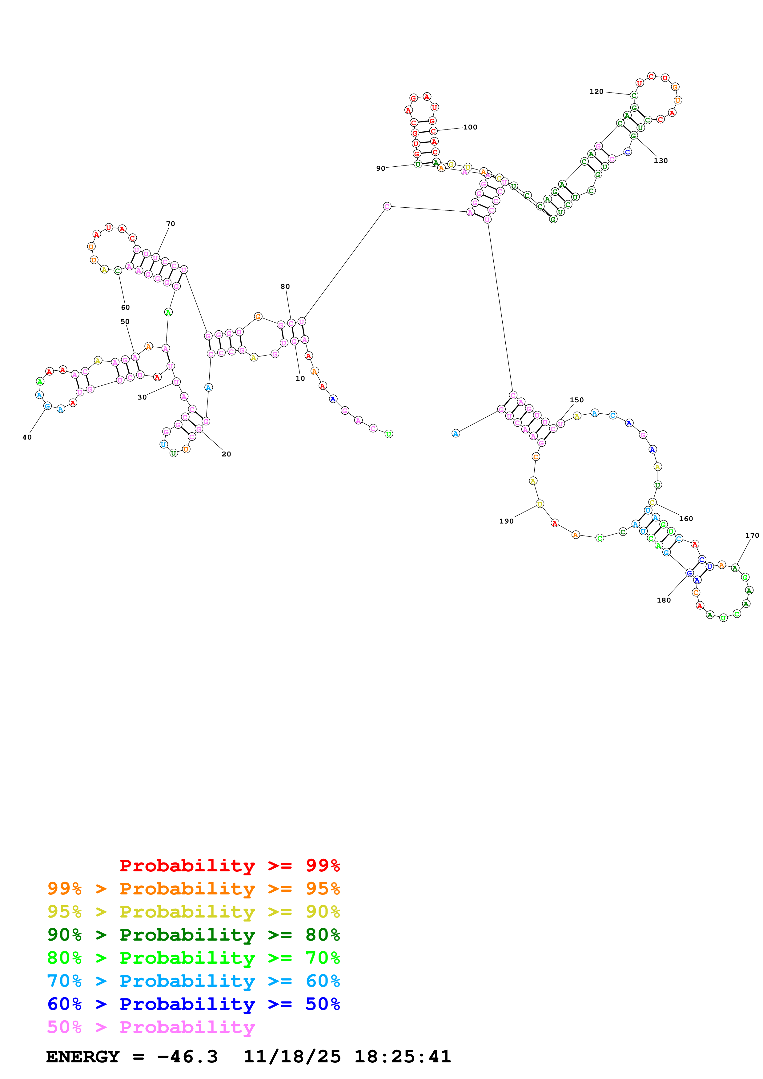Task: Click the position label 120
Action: click(596, 92)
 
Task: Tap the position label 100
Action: click(470, 127)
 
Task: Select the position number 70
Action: click(171, 224)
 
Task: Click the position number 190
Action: click(506, 521)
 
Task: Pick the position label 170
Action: click(752, 535)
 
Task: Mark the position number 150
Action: click(576, 400)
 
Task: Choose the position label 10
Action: click(300, 378)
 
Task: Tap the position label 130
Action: click(661, 161)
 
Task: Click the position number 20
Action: click(226, 454)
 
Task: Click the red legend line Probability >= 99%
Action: click(229, 865)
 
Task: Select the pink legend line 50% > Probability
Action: click(151, 1027)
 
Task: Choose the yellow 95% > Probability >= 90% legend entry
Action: click(193, 911)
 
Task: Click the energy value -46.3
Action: click(187, 1057)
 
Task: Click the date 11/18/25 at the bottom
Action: click(292, 1057)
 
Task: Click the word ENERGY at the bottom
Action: click(83, 1057)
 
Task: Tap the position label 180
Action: click(663, 600)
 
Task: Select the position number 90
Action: click(380, 168)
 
